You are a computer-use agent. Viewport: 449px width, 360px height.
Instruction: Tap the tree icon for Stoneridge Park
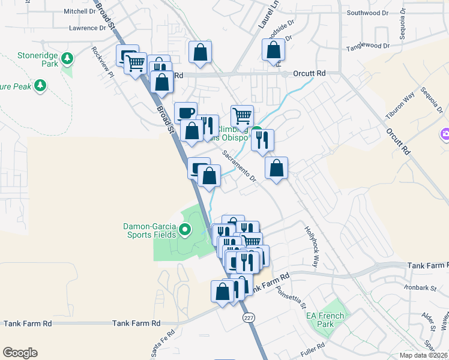coord(68,58)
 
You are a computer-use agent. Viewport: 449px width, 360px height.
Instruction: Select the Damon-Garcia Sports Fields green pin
coord(185,229)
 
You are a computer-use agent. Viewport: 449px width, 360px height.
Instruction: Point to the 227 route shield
coord(247,317)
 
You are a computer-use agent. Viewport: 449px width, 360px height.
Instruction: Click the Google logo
coord(20,353)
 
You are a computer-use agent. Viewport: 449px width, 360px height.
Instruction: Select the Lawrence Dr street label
coord(86,28)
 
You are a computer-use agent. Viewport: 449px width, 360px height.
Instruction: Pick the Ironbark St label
coord(422,288)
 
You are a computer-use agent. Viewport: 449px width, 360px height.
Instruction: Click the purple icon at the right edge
coord(444,134)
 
